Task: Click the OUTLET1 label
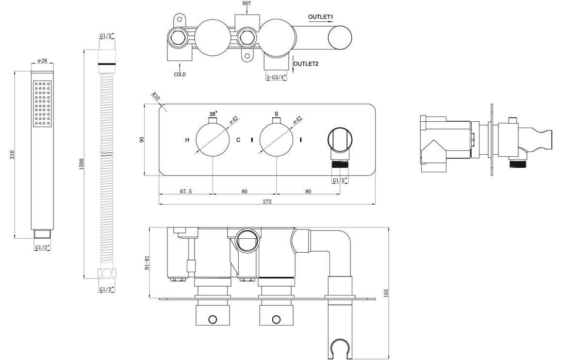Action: (x=320, y=17)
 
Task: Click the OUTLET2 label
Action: (x=307, y=64)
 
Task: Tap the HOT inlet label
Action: (x=247, y=3)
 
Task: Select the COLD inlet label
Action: (x=180, y=75)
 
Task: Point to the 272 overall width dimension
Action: (x=267, y=201)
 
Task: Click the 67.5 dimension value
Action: (x=186, y=191)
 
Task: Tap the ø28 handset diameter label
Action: (x=42, y=62)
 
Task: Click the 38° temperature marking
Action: (x=213, y=114)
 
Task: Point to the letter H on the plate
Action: (x=187, y=140)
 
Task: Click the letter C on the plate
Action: (x=238, y=140)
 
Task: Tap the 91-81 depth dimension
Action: (x=141, y=265)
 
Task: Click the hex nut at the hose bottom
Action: (x=107, y=273)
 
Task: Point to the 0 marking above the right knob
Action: (x=276, y=114)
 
